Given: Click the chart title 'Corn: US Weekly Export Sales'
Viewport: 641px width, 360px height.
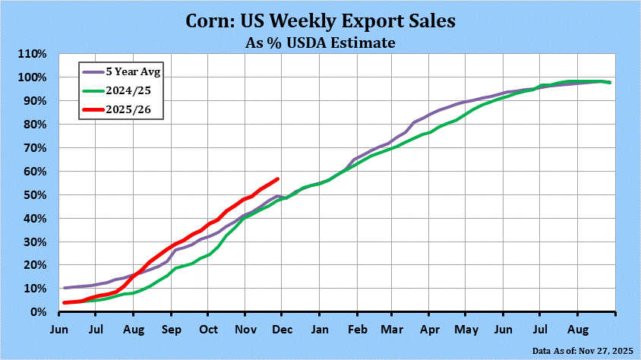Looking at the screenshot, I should click(320, 21).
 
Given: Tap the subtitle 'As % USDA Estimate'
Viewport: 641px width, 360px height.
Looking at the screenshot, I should click(320, 43).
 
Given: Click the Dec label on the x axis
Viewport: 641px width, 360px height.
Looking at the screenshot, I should click(282, 330).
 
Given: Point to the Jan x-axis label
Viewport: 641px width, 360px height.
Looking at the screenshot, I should click(319, 330).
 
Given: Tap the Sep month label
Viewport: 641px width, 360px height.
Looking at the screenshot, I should click(171, 330).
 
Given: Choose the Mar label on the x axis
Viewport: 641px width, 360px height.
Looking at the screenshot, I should click(393, 330).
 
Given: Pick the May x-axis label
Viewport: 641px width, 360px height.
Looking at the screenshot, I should click(466, 330).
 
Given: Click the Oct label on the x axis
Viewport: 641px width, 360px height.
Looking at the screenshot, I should click(208, 330).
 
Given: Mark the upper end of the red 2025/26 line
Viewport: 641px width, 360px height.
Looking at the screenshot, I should click(278, 179).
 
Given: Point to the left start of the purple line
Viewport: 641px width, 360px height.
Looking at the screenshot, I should click(65, 288).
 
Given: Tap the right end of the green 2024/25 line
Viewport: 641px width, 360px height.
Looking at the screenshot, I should click(611, 83).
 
